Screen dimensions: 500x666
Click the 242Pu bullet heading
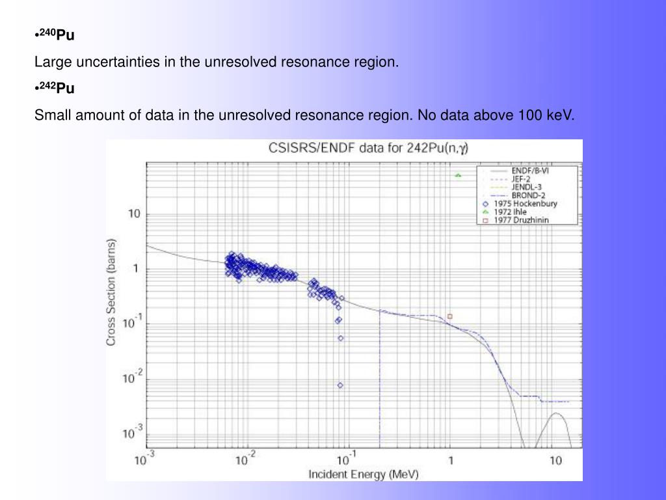(x=57, y=89)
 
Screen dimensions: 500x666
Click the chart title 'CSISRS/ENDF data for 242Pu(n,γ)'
(x=368, y=148)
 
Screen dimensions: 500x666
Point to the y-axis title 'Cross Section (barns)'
(x=112, y=292)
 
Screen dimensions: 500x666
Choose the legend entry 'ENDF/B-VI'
(x=534, y=171)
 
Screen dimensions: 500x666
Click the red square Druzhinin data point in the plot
(x=449, y=316)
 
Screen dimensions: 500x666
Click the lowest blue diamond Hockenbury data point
(x=340, y=385)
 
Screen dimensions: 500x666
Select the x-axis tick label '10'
(x=555, y=461)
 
